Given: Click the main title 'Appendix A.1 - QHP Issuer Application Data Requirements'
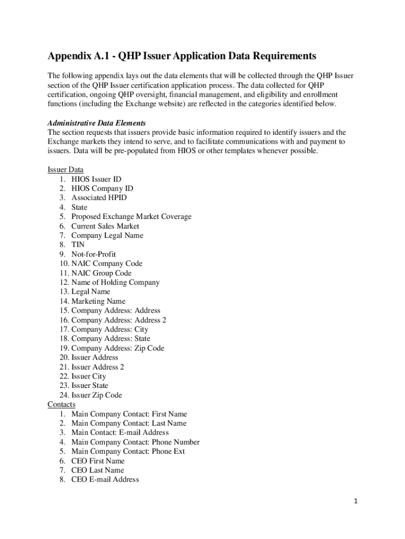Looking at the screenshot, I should pyautogui.click(x=181, y=56).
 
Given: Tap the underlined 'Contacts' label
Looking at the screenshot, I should pyautogui.click(x=62, y=404).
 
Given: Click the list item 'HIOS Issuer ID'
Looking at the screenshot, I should pyautogui.click(x=96, y=179).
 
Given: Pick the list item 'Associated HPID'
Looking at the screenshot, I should pyautogui.click(x=99, y=198).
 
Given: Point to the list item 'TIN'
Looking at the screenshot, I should pyautogui.click(x=78, y=245).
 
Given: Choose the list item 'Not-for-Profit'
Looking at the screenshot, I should pyautogui.click(x=94, y=254).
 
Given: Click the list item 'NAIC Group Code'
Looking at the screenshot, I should pyautogui.click(x=102, y=273).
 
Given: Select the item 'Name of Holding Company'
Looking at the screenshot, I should pyautogui.click(x=115, y=283).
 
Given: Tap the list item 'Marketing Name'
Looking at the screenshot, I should pyautogui.click(x=98, y=301).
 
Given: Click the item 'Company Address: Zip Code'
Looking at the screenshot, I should pyautogui.click(x=118, y=348).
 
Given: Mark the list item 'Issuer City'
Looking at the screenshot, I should pyautogui.click(x=89, y=376).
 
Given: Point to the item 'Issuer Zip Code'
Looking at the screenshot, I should pyautogui.click(x=97, y=395).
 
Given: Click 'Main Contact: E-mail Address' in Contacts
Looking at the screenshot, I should pyautogui.click(x=120, y=433).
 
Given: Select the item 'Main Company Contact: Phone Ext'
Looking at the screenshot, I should pyautogui.click(x=128, y=452).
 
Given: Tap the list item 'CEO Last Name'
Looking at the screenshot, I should pyautogui.click(x=98, y=470).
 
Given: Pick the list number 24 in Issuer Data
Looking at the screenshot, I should pyautogui.click(x=64, y=395).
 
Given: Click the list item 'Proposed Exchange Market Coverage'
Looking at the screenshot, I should pyautogui.click(x=131, y=217).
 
